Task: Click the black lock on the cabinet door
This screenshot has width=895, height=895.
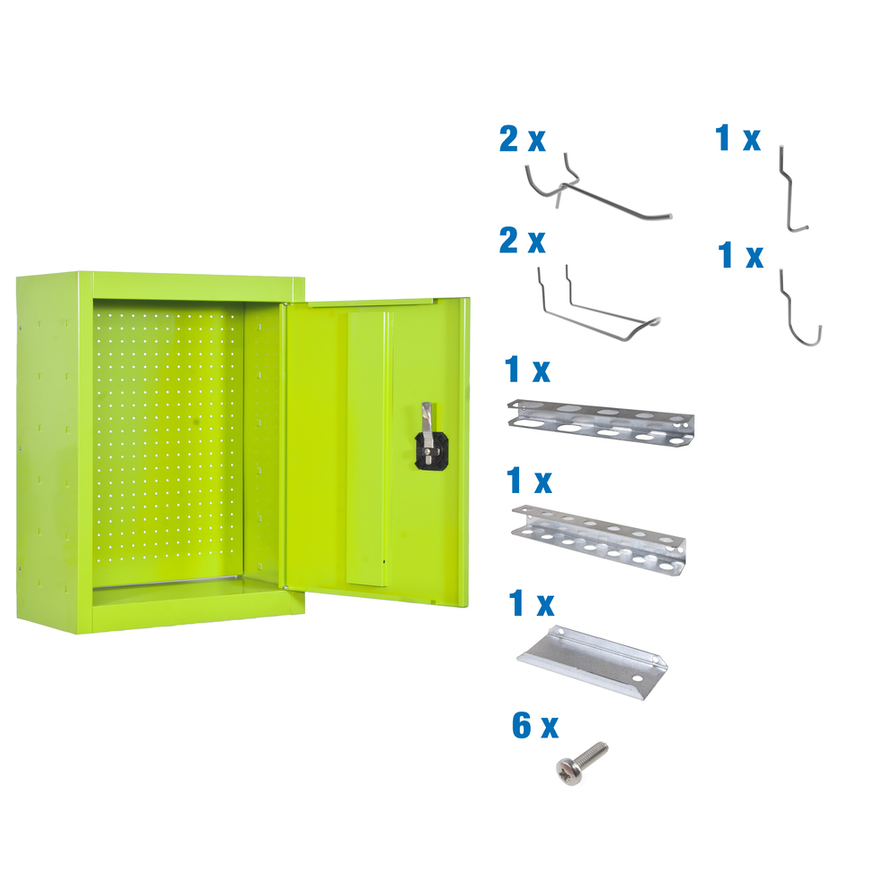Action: click(x=430, y=452)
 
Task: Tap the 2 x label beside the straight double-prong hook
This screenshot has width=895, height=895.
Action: click(x=522, y=140)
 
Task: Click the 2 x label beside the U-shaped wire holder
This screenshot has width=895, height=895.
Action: click(x=522, y=241)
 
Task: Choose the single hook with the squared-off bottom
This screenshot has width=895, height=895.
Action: click(x=793, y=192)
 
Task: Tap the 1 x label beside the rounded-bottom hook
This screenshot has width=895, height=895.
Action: click(x=741, y=256)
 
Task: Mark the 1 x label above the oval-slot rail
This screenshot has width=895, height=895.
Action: click(x=527, y=369)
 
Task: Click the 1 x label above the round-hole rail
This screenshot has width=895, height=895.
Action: click(x=529, y=482)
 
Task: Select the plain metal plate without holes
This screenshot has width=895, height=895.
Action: click(x=593, y=656)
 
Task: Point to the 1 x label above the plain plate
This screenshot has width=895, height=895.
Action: click(x=530, y=604)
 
